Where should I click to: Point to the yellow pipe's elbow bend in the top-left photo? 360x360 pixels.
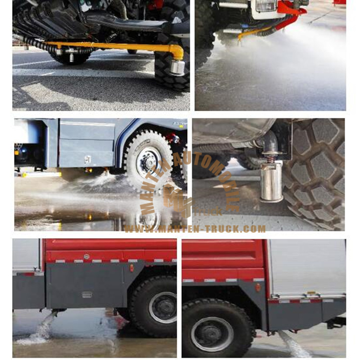pyautogui.click(x=179, y=50)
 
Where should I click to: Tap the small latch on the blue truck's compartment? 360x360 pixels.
pyautogui.click(x=88, y=159)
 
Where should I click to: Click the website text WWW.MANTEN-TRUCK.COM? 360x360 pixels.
pyautogui.click(x=195, y=229)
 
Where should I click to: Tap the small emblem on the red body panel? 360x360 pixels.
pyautogui.click(x=87, y=257)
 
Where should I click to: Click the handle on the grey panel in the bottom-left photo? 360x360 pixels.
pyautogui.click(x=87, y=295)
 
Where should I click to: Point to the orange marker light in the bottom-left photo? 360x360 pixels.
pyautogui.click(x=132, y=269)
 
